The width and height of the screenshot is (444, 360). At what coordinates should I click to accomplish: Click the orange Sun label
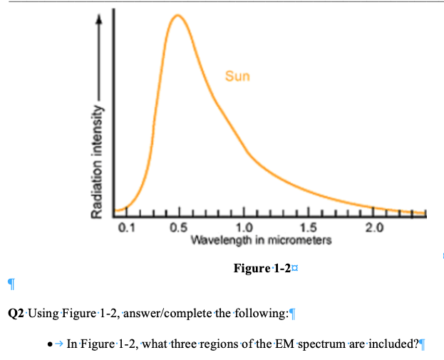pos(237,76)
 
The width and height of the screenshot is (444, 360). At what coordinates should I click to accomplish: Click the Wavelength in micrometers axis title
pos(261,240)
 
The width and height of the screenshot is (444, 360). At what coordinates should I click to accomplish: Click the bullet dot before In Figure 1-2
pos(47,344)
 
